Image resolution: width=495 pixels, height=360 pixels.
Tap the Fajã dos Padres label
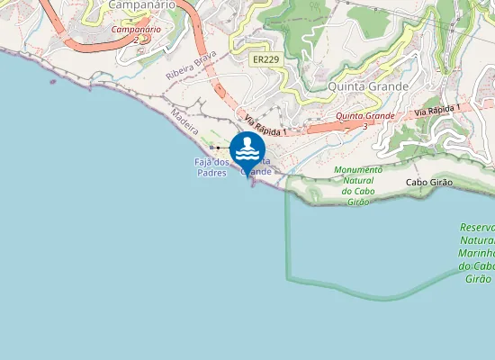pyautogui.click(x=212, y=166)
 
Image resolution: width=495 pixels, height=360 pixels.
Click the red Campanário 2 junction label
pyautogui.click(x=136, y=34)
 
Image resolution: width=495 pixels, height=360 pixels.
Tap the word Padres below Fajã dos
pyautogui.click(x=212, y=172)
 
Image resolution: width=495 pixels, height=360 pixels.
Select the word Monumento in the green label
pyautogui.click(x=358, y=169)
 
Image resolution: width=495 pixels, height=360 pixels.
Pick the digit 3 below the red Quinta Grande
pyautogui.click(x=364, y=127)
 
